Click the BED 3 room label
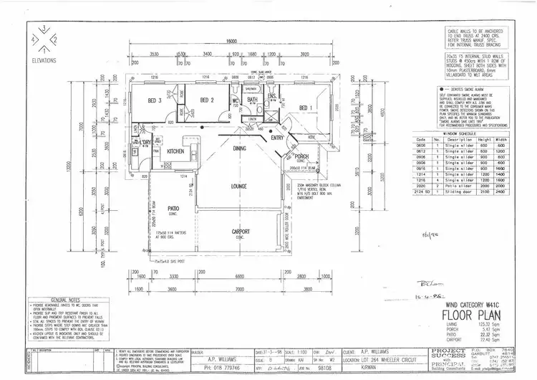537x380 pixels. [x=154, y=100]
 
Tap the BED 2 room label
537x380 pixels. [x=207, y=100]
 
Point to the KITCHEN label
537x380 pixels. [x=176, y=152]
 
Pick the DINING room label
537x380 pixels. [x=239, y=148]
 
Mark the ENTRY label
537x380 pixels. [x=278, y=138]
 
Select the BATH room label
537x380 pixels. [x=252, y=100]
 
